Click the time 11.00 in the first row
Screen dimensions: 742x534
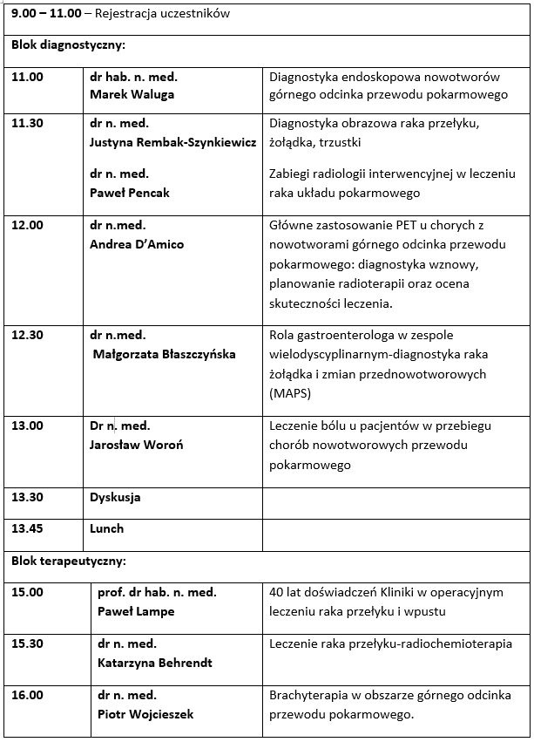click(27, 77)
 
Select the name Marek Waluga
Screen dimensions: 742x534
click(132, 94)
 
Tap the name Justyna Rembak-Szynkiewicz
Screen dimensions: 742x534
click(172, 141)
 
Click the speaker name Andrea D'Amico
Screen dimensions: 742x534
click(137, 244)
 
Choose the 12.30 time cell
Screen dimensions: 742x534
click(27, 335)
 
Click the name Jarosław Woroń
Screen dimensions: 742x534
click(137, 445)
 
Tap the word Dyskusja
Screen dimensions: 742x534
click(115, 497)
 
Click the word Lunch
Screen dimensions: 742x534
click(107, 528)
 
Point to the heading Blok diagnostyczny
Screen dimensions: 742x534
click(68, 44)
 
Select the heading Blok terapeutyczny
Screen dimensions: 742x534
click(68, 561)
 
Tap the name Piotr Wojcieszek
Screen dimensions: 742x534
click(145, 714)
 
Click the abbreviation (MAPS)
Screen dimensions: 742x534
click(290, 393)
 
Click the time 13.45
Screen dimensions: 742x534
click(27, 528)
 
